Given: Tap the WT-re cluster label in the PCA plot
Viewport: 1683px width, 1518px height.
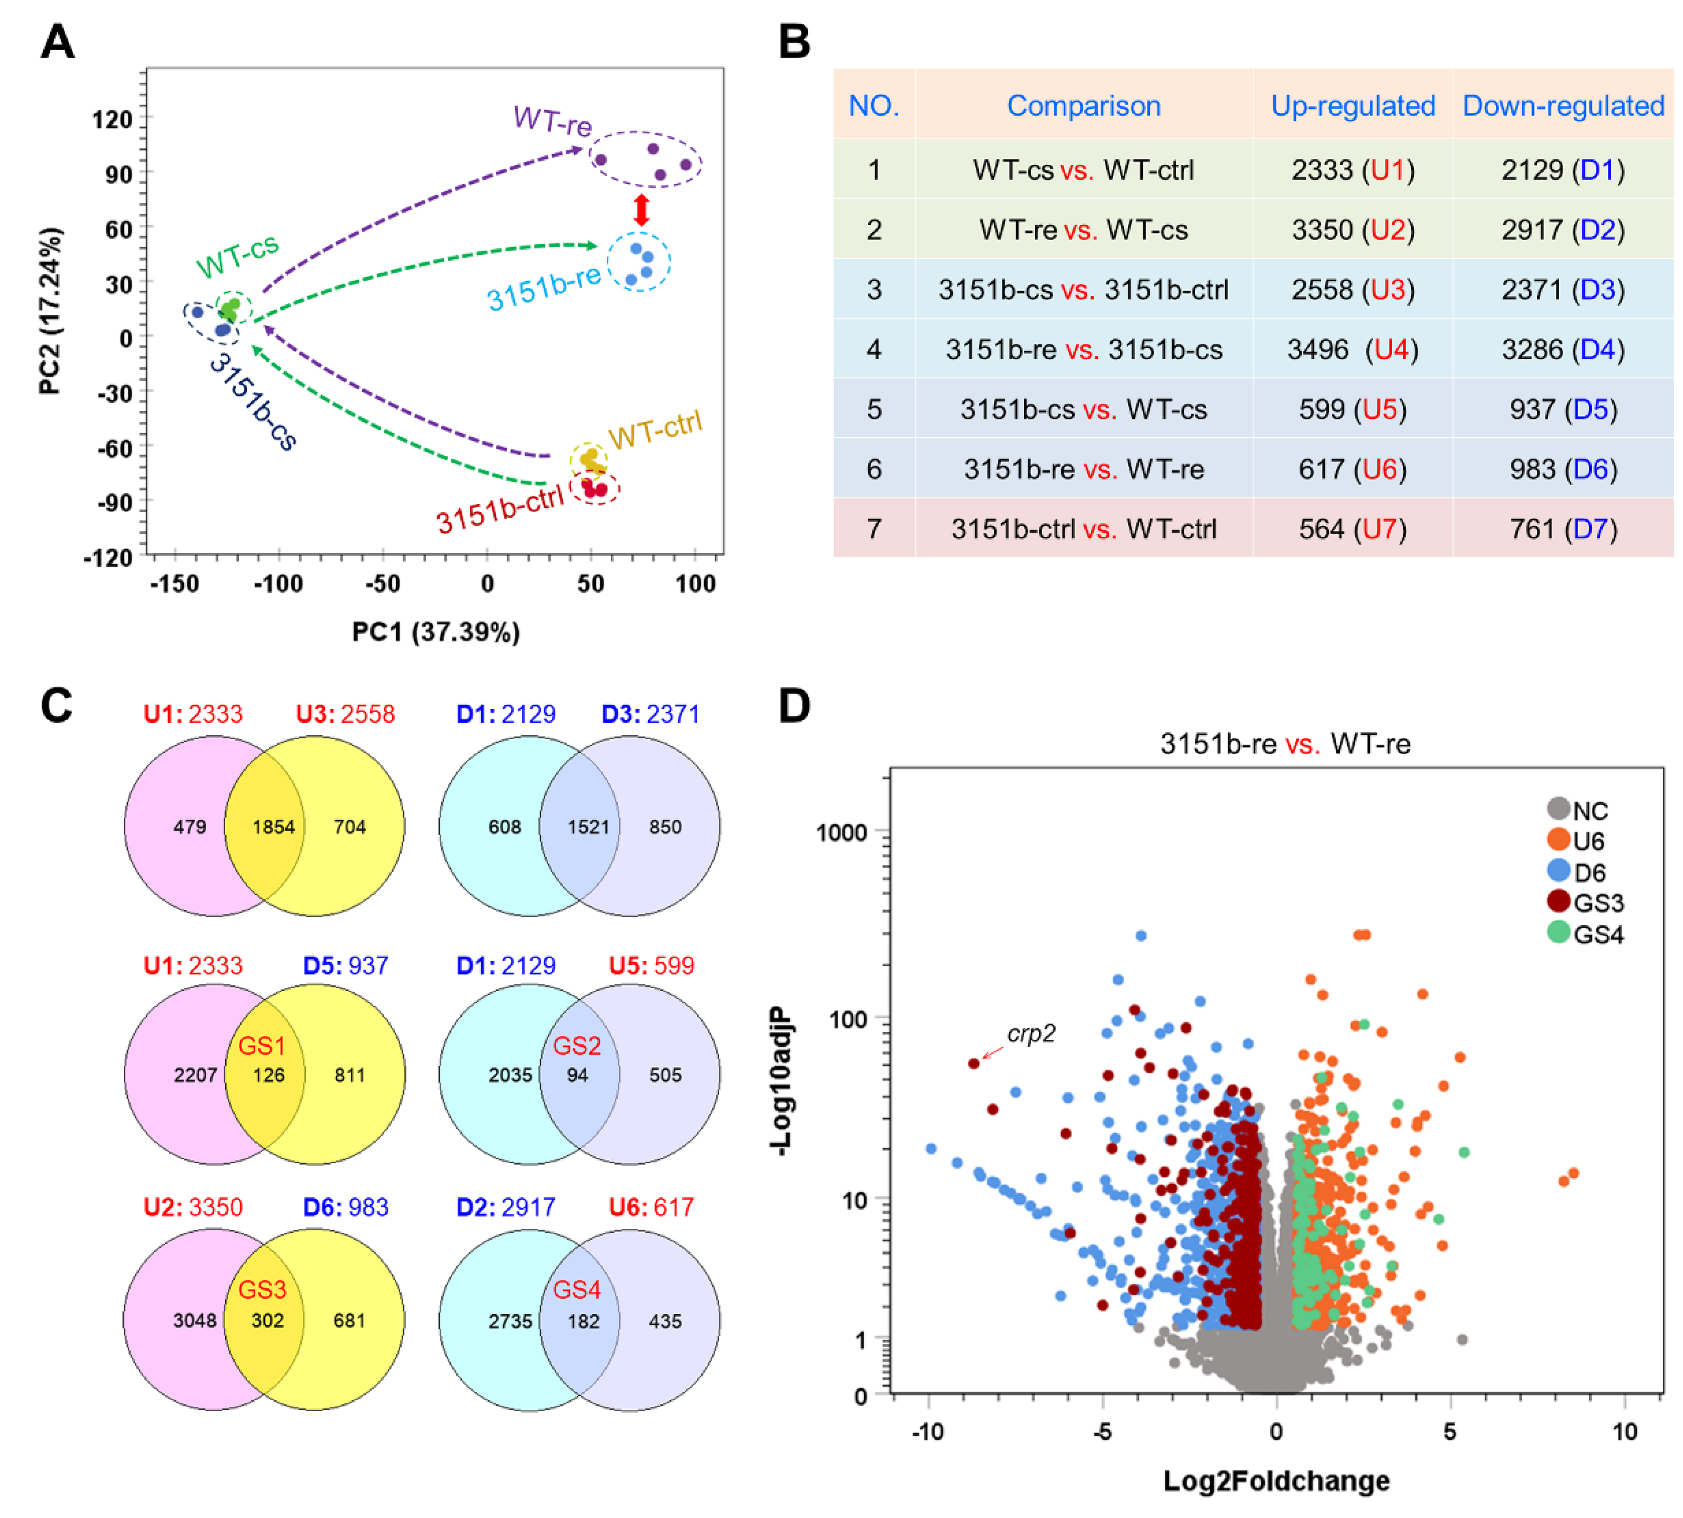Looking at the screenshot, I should [552, 121].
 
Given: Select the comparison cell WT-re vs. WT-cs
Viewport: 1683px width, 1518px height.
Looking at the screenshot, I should [1083, 230].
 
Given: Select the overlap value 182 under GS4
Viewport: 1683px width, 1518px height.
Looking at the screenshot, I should [583, 1321].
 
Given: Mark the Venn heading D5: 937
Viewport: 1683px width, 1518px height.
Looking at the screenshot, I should [346, 965].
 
